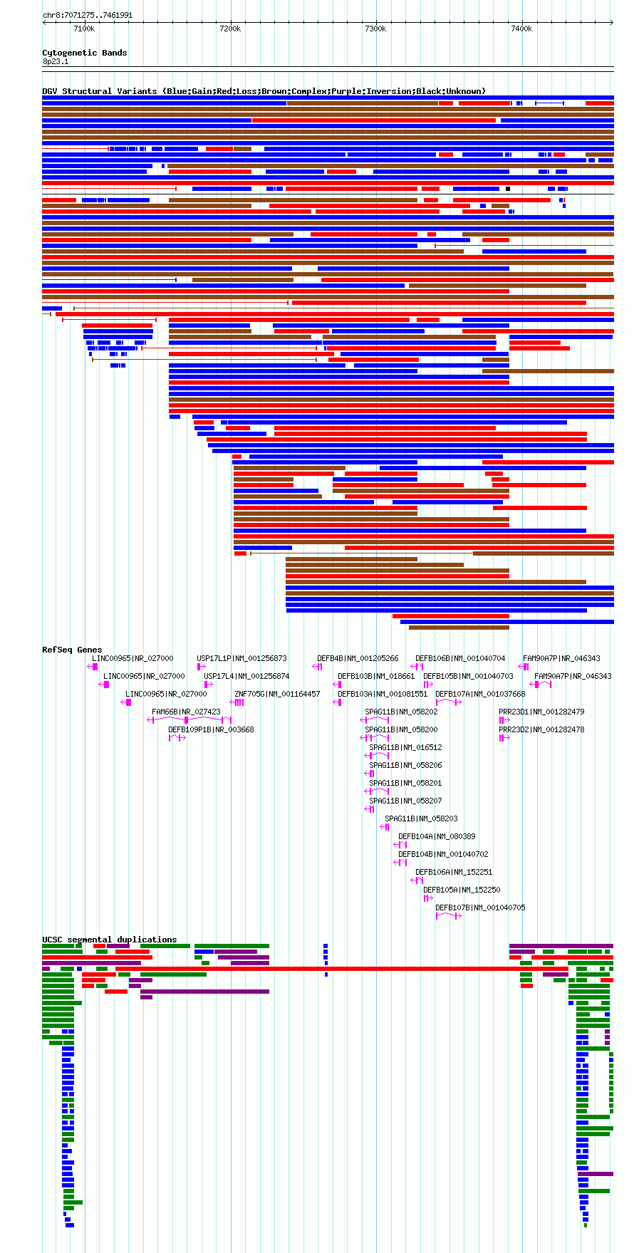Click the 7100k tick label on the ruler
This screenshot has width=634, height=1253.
(x=84, y=28)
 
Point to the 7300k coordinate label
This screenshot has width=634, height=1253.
(x=375, y=28)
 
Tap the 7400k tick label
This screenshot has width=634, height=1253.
(x=521, y=28)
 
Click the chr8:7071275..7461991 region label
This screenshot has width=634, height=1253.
(x=88, y=15)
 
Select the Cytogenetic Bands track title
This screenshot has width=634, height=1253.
(x=85, y=53)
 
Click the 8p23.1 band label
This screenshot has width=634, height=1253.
(x=56, y=61)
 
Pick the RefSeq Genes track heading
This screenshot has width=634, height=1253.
(x=72, y=650)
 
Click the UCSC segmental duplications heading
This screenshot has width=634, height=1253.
(x=110, y=940)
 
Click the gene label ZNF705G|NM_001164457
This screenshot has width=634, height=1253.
(x=277, y=694)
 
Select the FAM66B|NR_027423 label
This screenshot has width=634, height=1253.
(x=186, y=712)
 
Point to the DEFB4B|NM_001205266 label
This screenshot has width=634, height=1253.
(x=358, y=658)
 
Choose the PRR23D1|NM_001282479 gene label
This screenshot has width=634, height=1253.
(x=541, y=712)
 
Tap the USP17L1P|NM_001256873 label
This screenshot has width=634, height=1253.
(x=241, y=658)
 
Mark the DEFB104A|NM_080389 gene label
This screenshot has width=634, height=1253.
(x=437, y=836)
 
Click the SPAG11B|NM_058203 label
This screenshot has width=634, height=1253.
(x=421, y=818)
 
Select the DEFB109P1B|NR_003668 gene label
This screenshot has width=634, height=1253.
(x=211, y=729)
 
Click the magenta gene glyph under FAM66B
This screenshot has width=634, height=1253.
(x=189, y=720)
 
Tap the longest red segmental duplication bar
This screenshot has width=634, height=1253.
(x=342, y=969)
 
